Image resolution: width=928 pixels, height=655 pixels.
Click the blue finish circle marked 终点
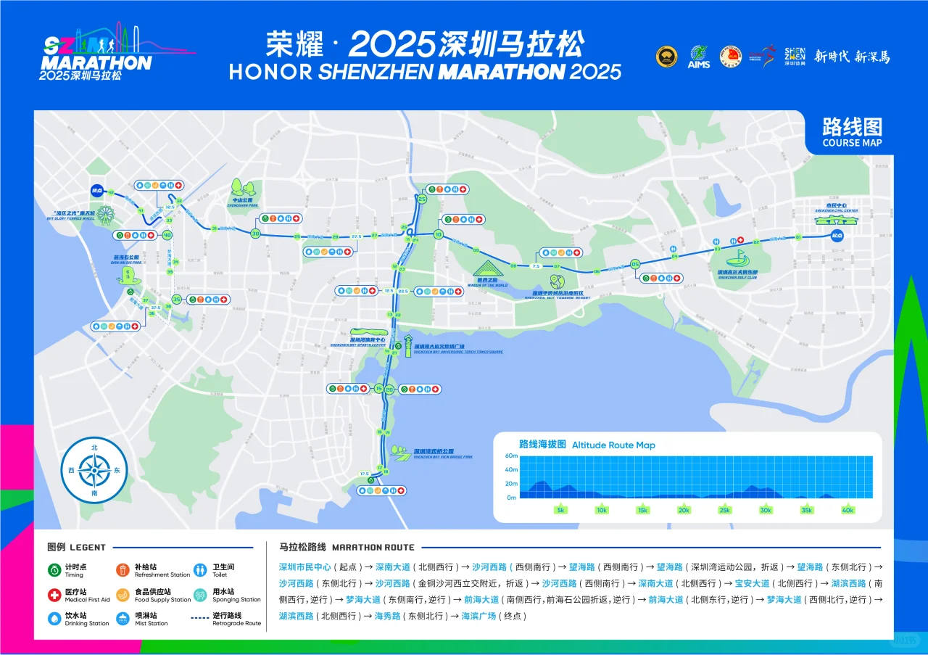click(x=96, y=190)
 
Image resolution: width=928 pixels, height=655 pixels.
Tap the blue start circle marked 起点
click(x=838, y=235)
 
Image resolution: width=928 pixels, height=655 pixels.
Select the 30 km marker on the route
click(x=255, y=234)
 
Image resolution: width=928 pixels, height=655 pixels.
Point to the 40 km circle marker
click(x=167, y=235)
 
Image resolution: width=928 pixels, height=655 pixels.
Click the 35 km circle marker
click(x=176, y=299)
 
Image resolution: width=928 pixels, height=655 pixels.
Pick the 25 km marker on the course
click(x=422, y=198)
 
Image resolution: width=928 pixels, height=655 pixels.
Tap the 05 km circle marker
click(x=636, y=264)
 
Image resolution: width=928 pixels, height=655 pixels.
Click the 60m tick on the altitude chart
click(x=511, y=456)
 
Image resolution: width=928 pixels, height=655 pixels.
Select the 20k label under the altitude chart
click(x=683, y=510)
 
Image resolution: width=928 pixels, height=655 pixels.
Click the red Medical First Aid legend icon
click(x=54, y=596)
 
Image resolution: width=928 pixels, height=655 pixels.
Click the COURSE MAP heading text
click(x=852, y=143)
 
